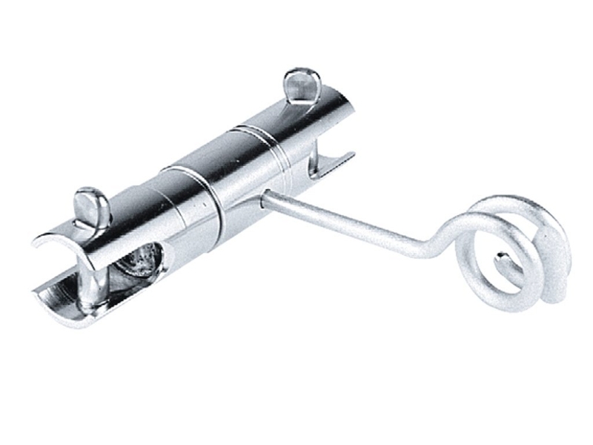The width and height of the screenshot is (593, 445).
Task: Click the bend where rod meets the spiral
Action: tap(437, 245)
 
